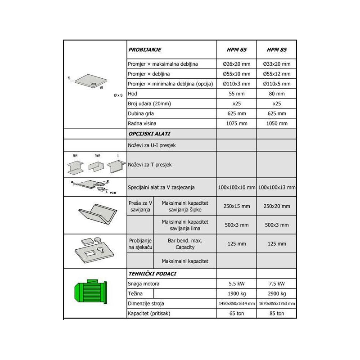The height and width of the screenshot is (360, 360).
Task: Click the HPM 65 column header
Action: pyautogui.click(x=236, y=50)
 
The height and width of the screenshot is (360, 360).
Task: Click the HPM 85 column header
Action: pyautogui.click(x=276, y=50)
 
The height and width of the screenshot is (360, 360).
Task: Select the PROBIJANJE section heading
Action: pyautogui.click(x=144, y=50)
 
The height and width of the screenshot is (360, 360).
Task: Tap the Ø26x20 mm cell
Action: pyautogui.click(x=236, y=64)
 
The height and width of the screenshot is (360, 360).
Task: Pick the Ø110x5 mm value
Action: pyautogui.click(x=276, y=84)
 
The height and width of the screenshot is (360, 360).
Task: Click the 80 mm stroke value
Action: pyautogui.click(x=276, y=94)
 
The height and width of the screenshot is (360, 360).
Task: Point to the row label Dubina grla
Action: pyautogui.click(x=141, y=113)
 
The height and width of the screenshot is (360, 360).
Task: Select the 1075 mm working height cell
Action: pyautogui.click(x=236, y=123)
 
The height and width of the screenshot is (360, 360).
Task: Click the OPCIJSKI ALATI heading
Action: pyautogui.click(x=149, y=134)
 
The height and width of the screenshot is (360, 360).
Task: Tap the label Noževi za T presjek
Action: pyautogui.click(x=150, y=165)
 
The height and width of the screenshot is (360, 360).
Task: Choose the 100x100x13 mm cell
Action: pyautogui.click(x=276, y=187)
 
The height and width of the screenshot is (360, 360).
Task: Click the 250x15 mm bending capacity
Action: pyautogui.click(x=236, y=206)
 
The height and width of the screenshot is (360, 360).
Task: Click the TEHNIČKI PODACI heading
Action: pyautogui.click(x=152, y=274)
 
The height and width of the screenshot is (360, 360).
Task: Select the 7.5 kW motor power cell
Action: pyautogui.click(x=276, y=283)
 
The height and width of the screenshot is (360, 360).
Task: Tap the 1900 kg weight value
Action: pyautogui.click(x=236, y=293)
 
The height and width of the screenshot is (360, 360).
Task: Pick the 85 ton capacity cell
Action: pyautogui.click(x=276, y=313)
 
